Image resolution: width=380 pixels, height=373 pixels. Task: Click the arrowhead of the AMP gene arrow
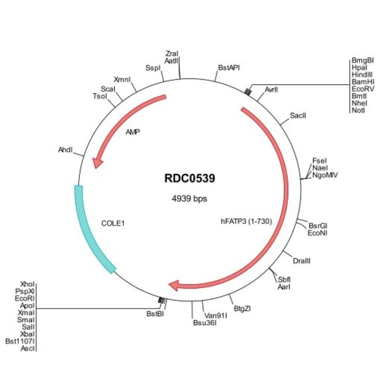pos(98,160)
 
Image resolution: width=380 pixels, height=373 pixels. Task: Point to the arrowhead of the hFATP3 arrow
pos(174,285)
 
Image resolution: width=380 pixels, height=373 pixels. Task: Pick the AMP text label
pos(133,132)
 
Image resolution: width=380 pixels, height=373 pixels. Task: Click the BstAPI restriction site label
pos(229,68)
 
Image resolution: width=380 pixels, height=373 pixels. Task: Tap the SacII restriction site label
pos(298,115)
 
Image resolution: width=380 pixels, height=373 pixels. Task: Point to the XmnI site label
pos(123,79)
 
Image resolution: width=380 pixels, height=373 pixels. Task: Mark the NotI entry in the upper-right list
pos(358,110)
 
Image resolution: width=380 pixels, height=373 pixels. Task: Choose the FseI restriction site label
pos(319,160)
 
